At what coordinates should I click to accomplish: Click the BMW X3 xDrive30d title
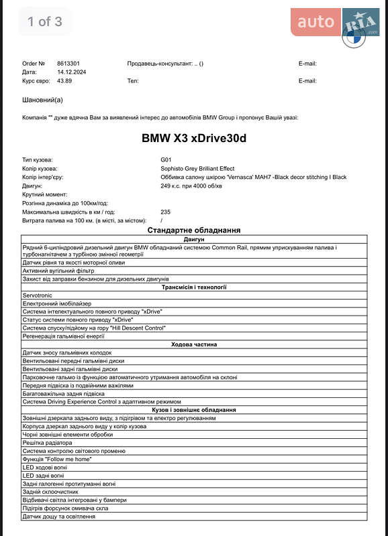click(x=194, y=139)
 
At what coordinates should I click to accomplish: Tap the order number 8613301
click(x=69, y=64)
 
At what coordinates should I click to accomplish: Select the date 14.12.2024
click(x=71, y=72)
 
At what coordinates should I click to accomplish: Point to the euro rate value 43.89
click(x=64, y=81)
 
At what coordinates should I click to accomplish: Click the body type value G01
click(x=166, y=159)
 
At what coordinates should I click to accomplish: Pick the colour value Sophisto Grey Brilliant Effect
click(x=197, y=168)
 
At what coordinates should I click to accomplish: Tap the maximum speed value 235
click(x=166, y=212)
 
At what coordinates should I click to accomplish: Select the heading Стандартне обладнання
click(x=194, y=230)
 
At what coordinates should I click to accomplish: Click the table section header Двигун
click(x=194, y=239)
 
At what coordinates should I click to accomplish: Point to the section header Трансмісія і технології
click(x=194, y=287)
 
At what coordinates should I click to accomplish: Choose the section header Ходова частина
click(x=194, y=344)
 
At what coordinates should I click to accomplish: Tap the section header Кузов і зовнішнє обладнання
click(x=194, y=409)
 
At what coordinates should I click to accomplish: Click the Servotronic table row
click(x=37, y=295)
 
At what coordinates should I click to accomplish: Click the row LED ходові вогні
click(x=45, y=467)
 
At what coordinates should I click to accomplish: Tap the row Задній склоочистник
click(x=50, y=492)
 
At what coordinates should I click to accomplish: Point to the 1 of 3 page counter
click(x=44, y=21)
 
